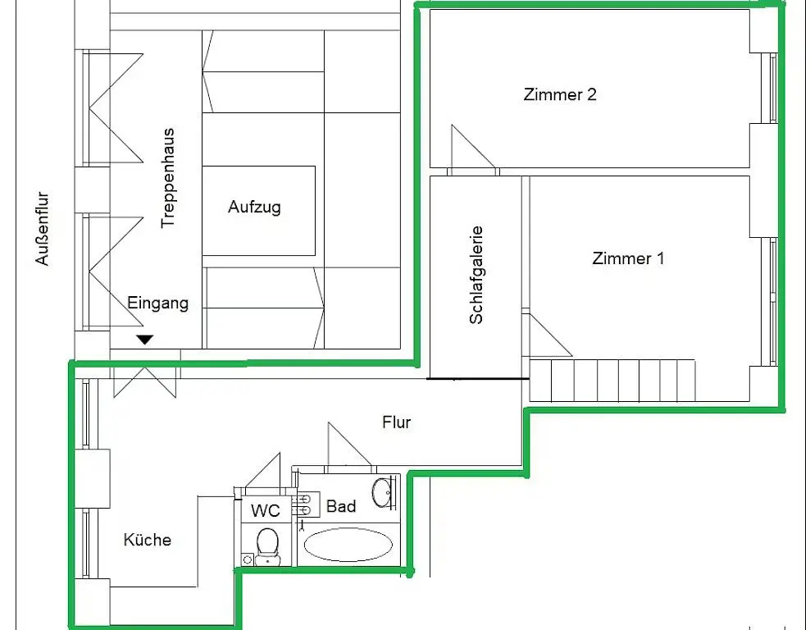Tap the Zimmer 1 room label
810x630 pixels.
tap(628, 259)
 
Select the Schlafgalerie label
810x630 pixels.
tap(476, 275)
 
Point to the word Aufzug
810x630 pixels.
tap(254, 207)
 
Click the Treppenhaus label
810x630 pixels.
tap(168, 177)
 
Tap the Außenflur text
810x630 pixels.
tap(43, 229)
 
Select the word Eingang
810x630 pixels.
tap(157, 303)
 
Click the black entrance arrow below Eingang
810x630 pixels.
tap(145, 339)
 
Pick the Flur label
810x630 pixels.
tap(396, 423)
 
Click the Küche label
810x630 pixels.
tap(148, 540)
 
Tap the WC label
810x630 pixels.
tap(265, 511)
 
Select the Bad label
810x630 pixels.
tap(341, 506)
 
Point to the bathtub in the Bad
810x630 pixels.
tap(348, 544)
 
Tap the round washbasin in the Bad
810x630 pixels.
tap(384, 492)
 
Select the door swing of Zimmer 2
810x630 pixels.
tap(469, 149)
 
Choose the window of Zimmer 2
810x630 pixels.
tap(771, 88)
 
